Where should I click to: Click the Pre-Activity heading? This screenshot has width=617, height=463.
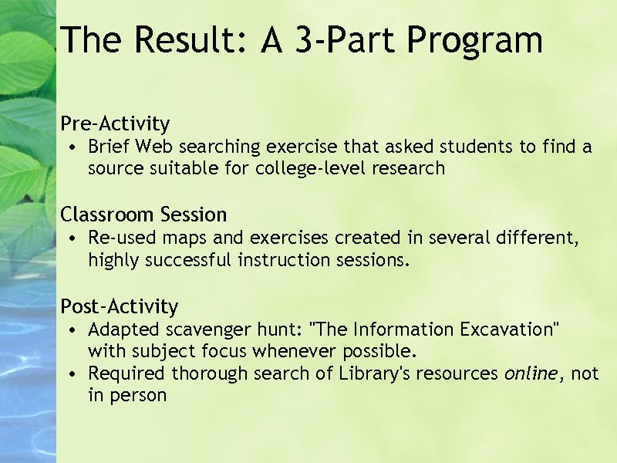click(x=115, y=123)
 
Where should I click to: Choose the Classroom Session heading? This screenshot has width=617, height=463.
click(x=143, y=215)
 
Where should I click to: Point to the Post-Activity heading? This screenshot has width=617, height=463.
click(x=119, y=306)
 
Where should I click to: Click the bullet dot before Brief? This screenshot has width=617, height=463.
click(x=71, y=147)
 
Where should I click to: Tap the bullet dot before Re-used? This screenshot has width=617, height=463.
click(x=71, y=239)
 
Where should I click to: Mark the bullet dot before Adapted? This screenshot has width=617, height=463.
click(x=71, y=331)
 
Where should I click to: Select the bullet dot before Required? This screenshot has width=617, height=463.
click(x=71, y=374)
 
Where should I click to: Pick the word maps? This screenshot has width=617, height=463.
click(x=174, y=239)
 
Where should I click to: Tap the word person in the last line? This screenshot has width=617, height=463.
click(x=139, y=396)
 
